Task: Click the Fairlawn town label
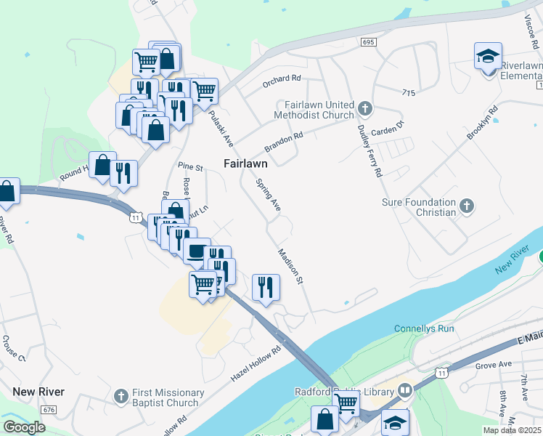pyautogui.click(x=245, y=163)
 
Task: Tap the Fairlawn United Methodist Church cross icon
pyautogui.click(x=364, y=110)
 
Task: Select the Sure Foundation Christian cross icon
pyautogui.click(x=467, y=207)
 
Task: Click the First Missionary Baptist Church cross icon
pyautogui.click(x=122, y=397)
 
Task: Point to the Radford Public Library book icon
pyautogui.click(x=405, y=389)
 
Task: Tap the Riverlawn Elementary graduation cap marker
pyautogui.click(x=488, y=55)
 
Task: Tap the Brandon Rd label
pyautogui.click(x=284, y=141)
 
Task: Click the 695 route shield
pyautogui.click(x=368, y=43)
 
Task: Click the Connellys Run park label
pyautogui.click(x=424, y=328)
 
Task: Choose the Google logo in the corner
pyautogui.click(x=24, y=427)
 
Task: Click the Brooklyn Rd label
pyautogui.click(x=484, y=125)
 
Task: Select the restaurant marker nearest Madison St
pyautogui.click(x=266, y=286)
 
